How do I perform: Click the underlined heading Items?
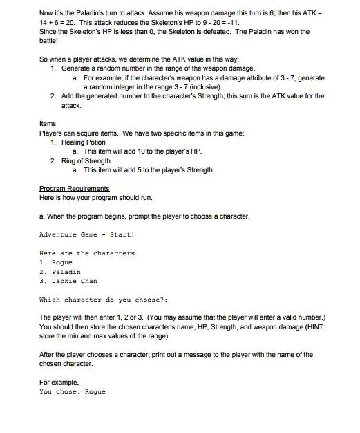47,124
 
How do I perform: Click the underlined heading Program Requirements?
75,188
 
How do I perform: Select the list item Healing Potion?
84,142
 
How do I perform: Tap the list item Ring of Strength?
86,160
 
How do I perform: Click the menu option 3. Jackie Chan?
69,281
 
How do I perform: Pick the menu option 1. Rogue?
56,263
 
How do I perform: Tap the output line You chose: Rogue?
73,391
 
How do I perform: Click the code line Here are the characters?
89,253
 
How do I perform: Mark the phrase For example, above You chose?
59,382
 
